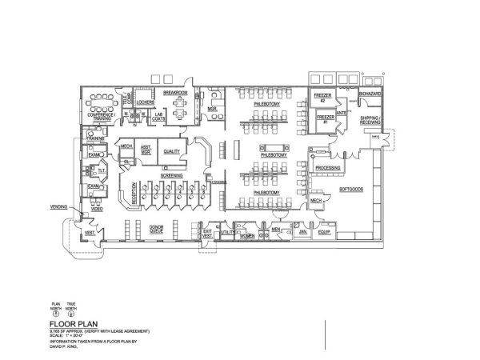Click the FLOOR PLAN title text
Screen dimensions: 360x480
coord(75,324)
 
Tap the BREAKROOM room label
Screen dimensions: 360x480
coord(175,93)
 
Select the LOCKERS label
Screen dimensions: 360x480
coord(145,102)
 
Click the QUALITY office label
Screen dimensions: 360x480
coord(171,151)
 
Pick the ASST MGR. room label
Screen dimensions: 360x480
coord(146,149)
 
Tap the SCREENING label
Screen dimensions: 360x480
coord(172,174)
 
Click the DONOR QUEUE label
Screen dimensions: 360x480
coord(155,228)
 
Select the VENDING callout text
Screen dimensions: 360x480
coord(58,207)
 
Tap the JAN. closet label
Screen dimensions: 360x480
coord(303,232)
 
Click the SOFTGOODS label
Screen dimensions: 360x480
coord(352,190)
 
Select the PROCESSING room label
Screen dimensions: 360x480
coord(329,168)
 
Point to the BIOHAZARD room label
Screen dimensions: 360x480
coord(371,94)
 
